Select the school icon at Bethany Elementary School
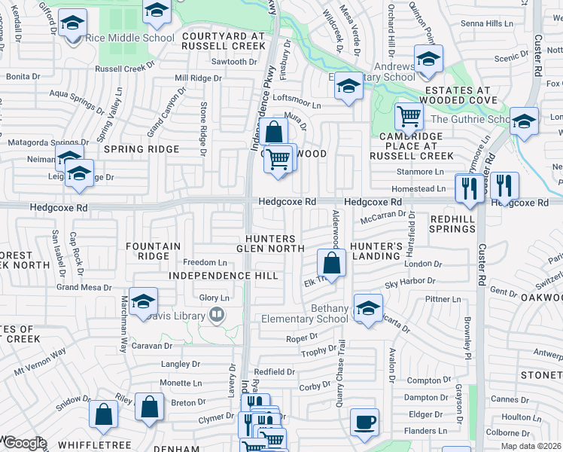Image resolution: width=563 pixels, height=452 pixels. click(367, 309)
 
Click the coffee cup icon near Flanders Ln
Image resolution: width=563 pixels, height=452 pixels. click(365, 422)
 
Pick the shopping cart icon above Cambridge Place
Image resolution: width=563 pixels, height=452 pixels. click(409, 117)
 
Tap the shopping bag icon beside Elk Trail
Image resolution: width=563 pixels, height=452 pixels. click(330, 263)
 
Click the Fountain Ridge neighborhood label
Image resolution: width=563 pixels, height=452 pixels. click(154, 251)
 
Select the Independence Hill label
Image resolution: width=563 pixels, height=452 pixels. click(213, 276)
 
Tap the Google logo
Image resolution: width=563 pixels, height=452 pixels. click(24, 443)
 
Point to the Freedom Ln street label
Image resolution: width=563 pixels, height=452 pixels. click(205, 262)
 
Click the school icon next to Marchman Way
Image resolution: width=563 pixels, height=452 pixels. click(142, 303)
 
